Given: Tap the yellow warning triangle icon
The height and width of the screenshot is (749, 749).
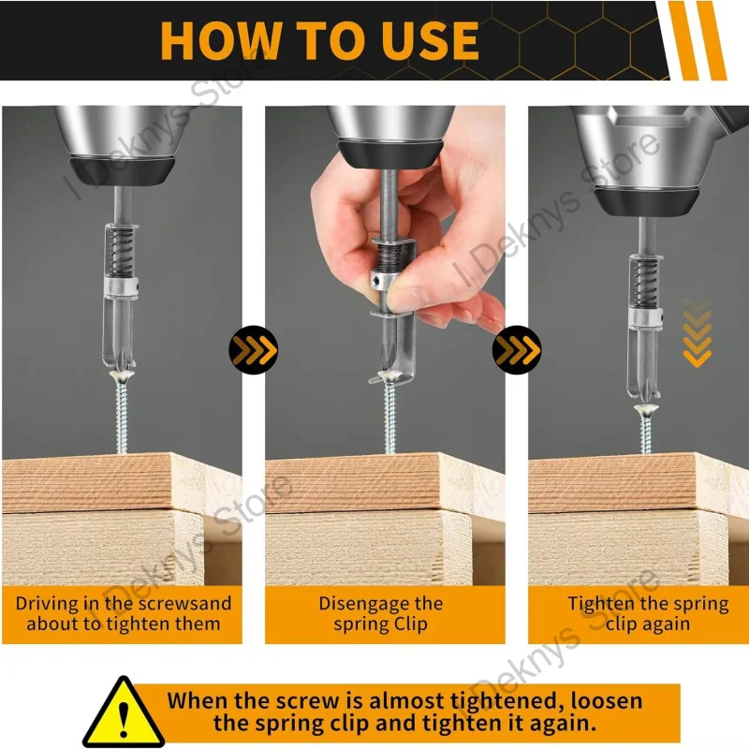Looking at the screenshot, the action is (x=125, y=712).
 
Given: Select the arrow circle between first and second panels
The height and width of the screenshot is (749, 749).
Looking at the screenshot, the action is (x=253, y=349).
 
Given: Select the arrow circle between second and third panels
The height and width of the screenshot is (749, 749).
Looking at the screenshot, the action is (x=517, y=349).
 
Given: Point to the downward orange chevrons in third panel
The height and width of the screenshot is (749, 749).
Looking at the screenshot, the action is (x=697, y=334).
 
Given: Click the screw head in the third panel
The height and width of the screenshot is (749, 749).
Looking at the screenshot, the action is (x=646, y=409).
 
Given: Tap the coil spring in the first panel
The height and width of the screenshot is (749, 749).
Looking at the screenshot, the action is (x=120, y=251).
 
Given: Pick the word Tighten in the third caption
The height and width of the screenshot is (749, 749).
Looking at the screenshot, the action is (x=601, y=604).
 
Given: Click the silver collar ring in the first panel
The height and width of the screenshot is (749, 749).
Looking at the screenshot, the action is (x=122, y=288).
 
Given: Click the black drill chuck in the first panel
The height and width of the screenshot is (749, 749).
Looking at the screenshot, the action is (x=123, y=171).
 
